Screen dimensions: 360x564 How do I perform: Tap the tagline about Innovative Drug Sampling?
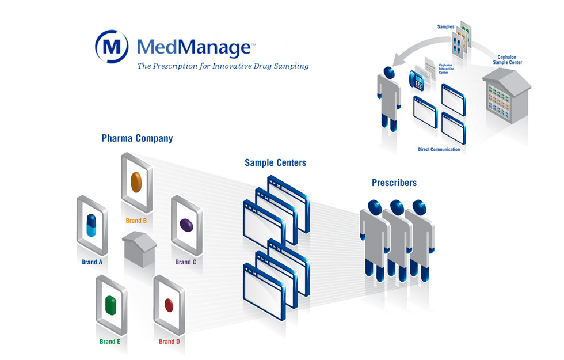pos(223,66)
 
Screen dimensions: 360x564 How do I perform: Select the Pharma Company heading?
pos(137,138)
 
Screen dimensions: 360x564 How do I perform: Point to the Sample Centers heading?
pos(275,163)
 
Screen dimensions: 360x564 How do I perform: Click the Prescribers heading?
pos(394,183)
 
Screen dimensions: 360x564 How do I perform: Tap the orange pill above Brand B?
pos(136,181)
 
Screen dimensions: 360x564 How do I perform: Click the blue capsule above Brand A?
pos(92,225)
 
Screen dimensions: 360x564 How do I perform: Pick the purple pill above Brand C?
pos(186,225)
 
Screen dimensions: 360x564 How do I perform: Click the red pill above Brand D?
pos(169,304)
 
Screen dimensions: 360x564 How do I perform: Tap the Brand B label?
pos(136,221)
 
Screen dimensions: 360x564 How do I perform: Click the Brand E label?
pos(110,342)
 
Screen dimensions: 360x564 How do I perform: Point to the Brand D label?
pos(170,342)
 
